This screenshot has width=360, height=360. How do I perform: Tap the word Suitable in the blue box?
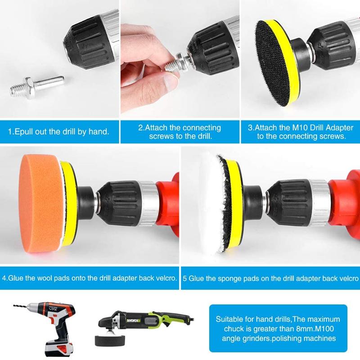coord(229,319)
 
